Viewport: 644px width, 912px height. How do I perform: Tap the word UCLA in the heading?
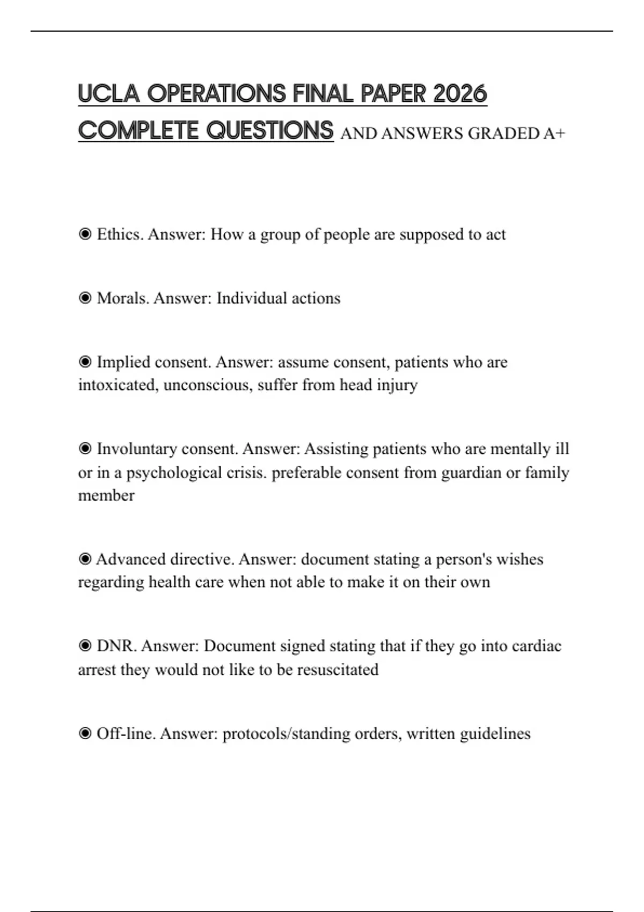(x=108, y=94)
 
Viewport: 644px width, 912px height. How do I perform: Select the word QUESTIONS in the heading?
(x=270, y=130)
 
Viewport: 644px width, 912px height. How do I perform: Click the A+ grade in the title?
(x=554, y=133)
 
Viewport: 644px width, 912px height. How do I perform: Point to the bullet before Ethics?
(x=85, y=234)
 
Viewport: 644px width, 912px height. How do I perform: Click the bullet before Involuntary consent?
(x=85, y=448)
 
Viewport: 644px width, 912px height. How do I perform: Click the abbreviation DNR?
(x=116, y=646)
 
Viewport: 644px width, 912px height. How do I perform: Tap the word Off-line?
(x=126, y=733)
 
